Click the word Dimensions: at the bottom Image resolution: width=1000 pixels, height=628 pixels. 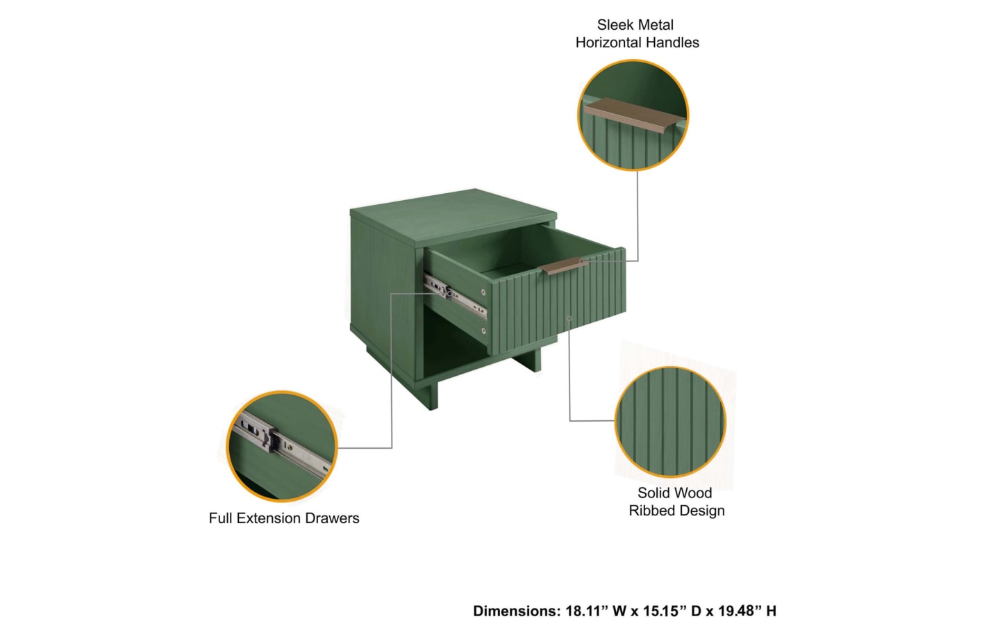click(517, 611)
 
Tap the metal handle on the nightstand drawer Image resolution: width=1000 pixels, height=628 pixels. click(563, 266)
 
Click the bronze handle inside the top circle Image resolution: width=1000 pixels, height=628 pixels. click(633, 115)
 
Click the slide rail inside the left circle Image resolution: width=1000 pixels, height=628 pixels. click(282, 445)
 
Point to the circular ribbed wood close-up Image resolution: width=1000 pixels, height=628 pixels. click(670, 422)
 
